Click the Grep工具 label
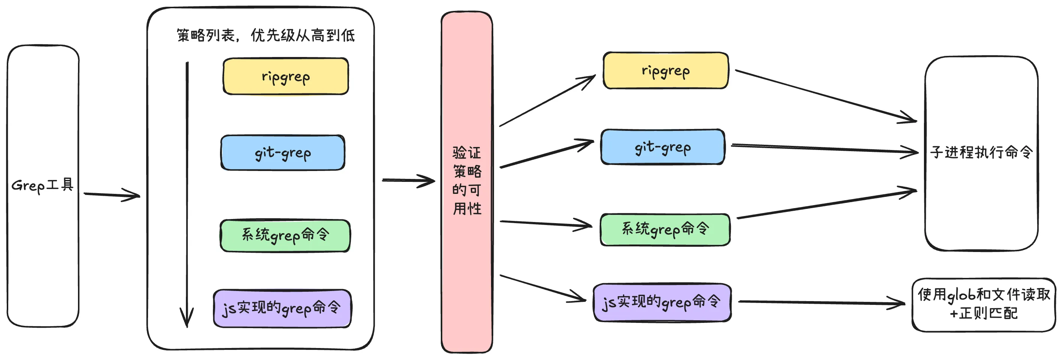point(42,186)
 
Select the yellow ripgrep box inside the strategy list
point(286,77)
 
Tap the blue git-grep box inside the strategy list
point(283,153)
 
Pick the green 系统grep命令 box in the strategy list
point(285,236)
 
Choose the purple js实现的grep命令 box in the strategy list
point(282,308)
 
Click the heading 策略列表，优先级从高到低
point(265,36)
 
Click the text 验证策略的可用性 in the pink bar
point(467,180)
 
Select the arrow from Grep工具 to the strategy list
point(111,195)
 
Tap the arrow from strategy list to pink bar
point(409,180)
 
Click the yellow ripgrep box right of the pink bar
point(665,71)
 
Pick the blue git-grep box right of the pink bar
point(662,147)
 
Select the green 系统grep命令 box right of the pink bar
point(665,229)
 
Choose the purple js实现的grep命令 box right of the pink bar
point(662,302)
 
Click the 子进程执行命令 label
point(981,152)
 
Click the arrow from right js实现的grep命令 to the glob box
point(821,303)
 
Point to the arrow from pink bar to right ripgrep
point(547,101)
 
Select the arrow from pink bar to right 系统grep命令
point(545,223)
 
